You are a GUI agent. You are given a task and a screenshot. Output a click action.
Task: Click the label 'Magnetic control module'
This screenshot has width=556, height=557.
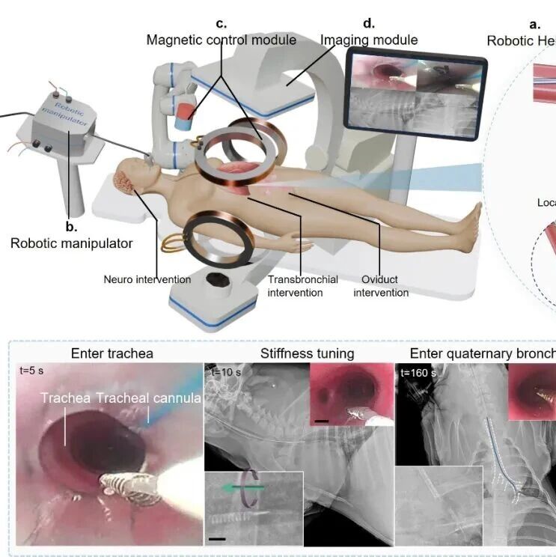(222, 40)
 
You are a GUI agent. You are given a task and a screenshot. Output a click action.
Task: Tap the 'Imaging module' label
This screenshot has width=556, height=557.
(369, 40)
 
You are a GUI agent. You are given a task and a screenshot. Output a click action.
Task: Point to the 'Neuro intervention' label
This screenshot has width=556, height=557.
(147, 280)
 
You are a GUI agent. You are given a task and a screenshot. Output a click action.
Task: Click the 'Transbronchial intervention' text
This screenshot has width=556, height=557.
(303, 286)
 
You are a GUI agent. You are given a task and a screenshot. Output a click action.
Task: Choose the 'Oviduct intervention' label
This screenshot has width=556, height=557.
(381, 286)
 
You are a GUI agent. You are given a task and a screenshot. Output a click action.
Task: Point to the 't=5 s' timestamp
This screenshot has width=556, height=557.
(36, 371)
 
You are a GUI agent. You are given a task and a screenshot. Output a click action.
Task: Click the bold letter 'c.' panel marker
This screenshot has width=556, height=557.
(222, 24)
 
